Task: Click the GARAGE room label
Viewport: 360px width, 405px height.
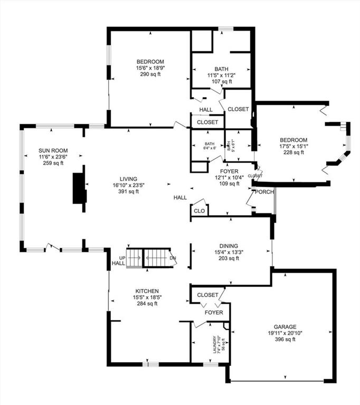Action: click(285, 326)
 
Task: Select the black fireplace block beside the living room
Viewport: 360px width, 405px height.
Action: click(79, 187)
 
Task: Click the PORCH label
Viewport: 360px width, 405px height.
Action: click(264, 191)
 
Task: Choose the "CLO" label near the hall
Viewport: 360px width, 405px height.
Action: click(199, 211)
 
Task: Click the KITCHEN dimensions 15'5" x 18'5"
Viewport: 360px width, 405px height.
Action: click(147, 297)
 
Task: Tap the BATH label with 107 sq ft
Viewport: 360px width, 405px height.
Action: click(221, 69)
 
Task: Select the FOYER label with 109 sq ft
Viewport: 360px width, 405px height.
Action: click(226, 171)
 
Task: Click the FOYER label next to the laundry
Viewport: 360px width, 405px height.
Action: click(214, 313)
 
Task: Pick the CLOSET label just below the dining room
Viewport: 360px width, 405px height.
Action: click(207, 295)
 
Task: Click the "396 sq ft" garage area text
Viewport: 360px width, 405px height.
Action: click(285, 339)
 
